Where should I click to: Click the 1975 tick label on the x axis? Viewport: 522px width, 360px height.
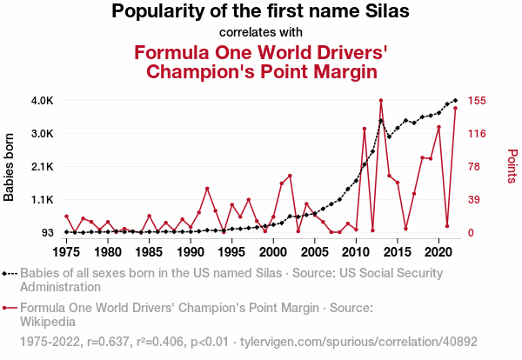click(x=66, y=251)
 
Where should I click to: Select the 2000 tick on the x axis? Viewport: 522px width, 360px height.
click(x=273, y=251)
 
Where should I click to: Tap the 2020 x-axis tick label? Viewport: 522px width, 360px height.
click(x=438, y=251)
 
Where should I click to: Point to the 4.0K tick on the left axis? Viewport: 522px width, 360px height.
click(x=43, y=101)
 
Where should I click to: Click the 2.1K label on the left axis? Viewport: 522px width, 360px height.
click(x=43, y=167)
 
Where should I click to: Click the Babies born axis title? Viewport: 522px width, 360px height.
click(x=10, y=167)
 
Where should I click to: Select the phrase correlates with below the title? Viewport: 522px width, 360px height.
click(x=260, y=32)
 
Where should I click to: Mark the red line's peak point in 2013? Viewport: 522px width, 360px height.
click(x=381, y=101)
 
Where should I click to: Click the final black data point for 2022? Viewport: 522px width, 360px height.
click(x=455, y=101)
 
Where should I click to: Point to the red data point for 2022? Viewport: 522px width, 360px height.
click(x=455, y=108)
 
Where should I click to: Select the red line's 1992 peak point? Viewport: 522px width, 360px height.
click(x=207, y=189)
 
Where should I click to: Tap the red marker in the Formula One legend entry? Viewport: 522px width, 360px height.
click(x=10, y=307)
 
